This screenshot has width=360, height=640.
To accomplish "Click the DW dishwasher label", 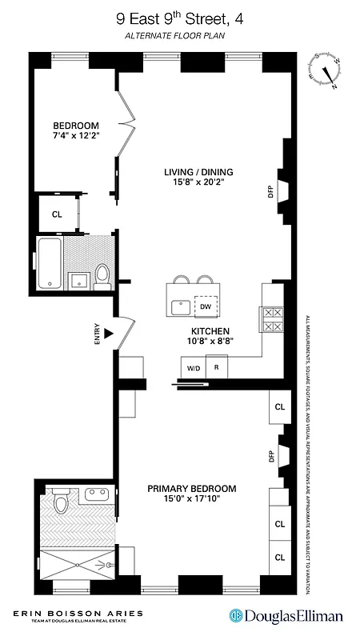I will pos(205,306).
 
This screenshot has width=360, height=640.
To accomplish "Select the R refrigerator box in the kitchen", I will pos(216,368).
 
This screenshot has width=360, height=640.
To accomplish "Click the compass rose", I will pos(327,70).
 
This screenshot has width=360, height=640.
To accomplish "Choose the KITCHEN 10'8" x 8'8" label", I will pos(210,336).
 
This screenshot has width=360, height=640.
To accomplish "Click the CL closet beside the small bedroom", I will pos(57,214).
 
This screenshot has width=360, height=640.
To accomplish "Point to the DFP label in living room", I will pos(270,191).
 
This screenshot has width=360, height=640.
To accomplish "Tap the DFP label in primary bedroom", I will pos(270,456).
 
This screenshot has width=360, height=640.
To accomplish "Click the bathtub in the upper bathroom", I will pos(50,262).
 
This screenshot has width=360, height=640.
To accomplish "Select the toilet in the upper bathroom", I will pos(101,276).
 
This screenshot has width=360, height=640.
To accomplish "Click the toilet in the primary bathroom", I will pos(60,504).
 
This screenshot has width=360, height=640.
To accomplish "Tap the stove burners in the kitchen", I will pos(271,320).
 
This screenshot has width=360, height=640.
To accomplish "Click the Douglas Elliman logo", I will pos(286,615).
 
